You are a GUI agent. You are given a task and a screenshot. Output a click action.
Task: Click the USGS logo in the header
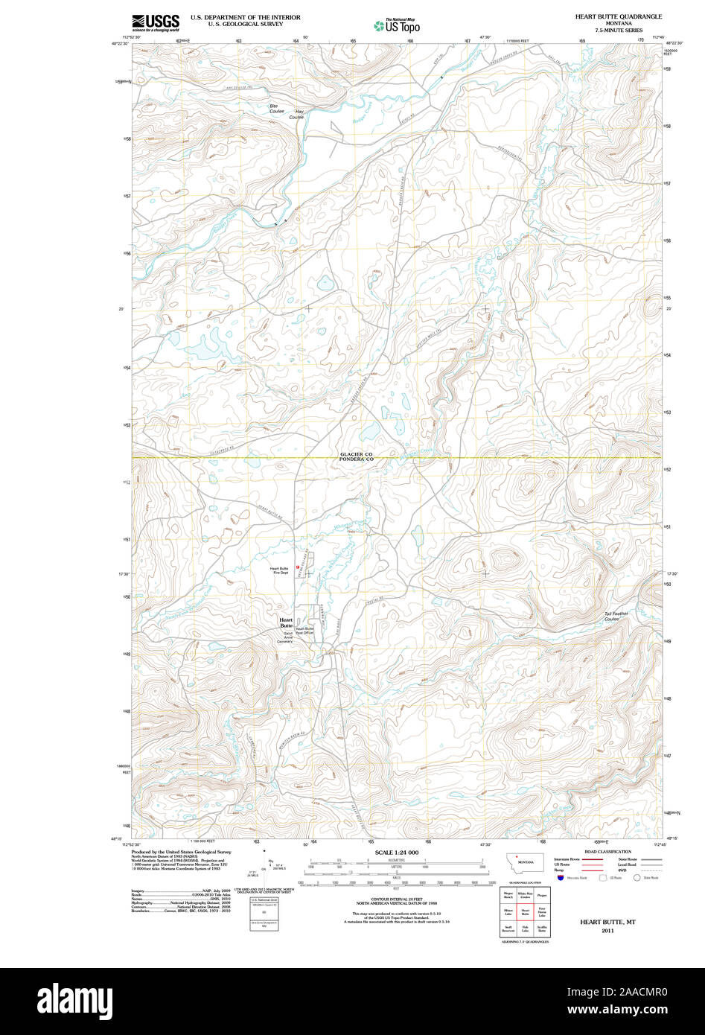tap(155, 22)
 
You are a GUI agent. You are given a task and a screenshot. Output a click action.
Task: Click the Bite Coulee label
tap(277, 109)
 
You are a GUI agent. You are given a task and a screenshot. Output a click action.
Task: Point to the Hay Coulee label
tap(299, 114)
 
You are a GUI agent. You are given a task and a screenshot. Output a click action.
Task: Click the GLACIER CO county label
tap(356, 454)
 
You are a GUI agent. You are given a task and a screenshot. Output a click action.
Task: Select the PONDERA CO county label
tap(356, 460)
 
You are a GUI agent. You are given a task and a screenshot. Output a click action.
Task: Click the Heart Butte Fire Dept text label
tap(279, 570)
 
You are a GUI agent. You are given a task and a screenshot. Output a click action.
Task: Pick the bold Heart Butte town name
tap(286, 622)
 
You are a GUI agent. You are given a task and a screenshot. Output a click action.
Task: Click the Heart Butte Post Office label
tap(304, 631)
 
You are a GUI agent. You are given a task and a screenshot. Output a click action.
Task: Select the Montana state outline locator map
tap(525, 863)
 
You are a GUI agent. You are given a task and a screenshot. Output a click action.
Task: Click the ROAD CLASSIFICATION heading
tap(607, 852)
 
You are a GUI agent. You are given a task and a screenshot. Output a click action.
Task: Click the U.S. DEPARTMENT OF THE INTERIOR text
tap(245, 16)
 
